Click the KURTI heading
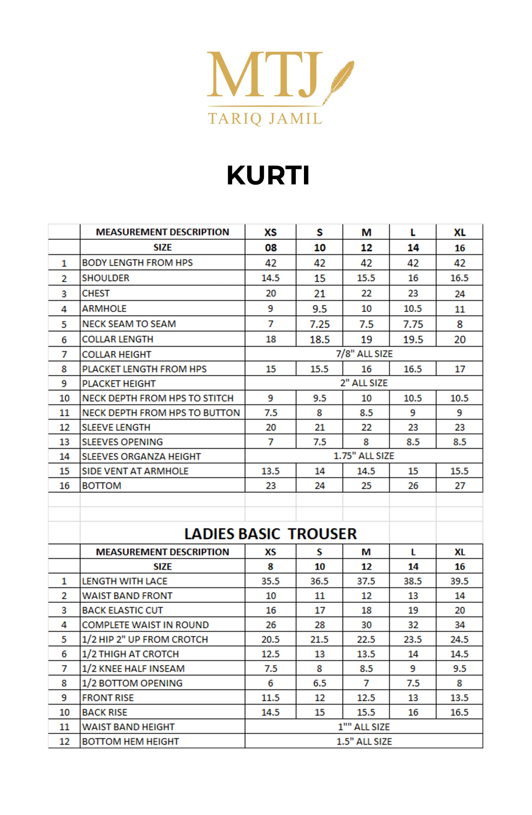point(268,175)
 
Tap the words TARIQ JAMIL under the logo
point(265,118)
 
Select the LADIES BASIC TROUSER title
point(270,534)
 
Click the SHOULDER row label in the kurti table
point(106,278)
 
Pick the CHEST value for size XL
point(460,294)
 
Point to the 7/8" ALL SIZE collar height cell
point(364,354)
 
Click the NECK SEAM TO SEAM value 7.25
point(320,324)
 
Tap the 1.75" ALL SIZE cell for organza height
point(364,456)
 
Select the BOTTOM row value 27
point(460,485)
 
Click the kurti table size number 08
point(271,248)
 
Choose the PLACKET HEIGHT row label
point(119,383)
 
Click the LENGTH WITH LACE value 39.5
point(459,581)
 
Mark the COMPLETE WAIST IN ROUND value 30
point(366,625)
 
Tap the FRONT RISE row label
point(108,698)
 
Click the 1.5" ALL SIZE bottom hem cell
point(364,741)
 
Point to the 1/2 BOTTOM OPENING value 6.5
point(320,683)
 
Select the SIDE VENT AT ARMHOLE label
point(135,471)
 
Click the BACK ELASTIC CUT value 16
point(271,610)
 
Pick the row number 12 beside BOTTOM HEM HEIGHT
point(64,741)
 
